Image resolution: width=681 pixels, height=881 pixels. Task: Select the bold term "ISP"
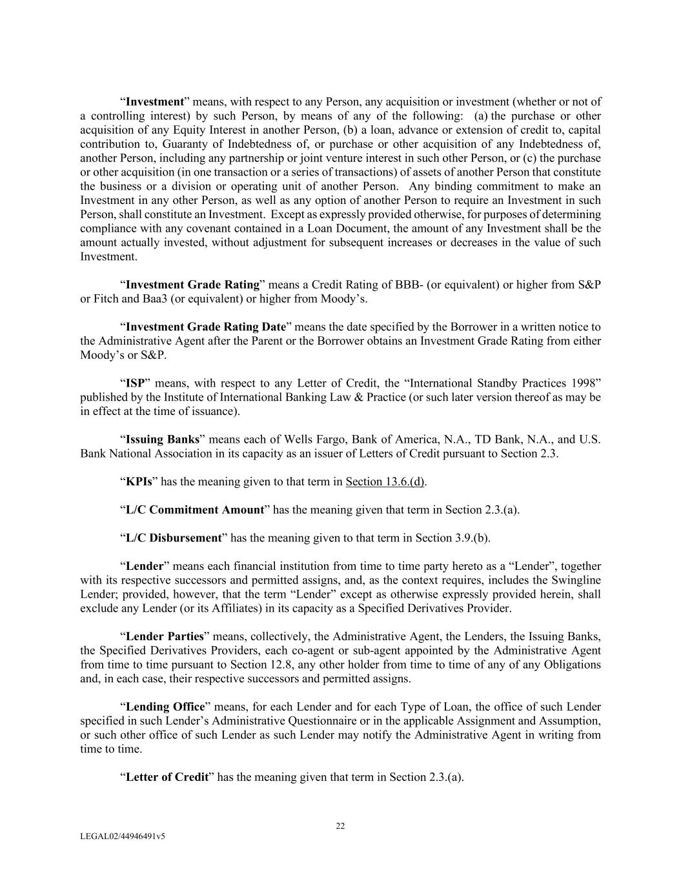pyautogui.click(x=135, y=383)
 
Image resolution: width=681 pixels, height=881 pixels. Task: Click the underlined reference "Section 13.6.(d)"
pyautogui.click(x=385, y=481)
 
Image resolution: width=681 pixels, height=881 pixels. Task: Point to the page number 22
pyautogui.click(x=340, y=826)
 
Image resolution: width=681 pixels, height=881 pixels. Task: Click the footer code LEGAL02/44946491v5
pyautogui.click(x=123, y=836)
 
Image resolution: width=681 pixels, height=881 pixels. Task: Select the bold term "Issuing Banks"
pyautogui.click(x=163, y=440)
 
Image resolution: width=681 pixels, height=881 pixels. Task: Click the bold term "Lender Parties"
pyautogui.click(x=165, y=636)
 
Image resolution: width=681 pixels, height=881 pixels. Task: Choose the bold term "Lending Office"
pyautogui.click(x=165, y=707)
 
